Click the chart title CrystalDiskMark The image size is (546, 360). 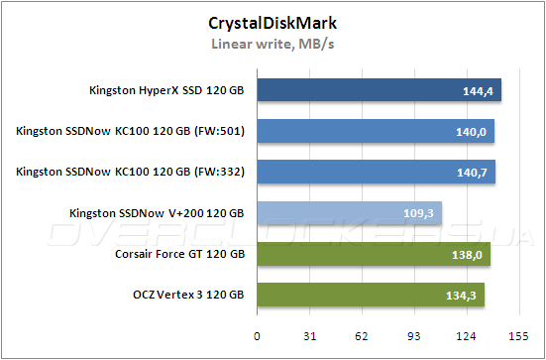272,22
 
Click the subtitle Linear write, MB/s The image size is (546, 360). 272,44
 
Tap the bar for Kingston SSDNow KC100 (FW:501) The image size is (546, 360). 375,132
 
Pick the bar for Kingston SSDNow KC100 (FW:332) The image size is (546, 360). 376,173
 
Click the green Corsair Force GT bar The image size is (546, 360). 374,255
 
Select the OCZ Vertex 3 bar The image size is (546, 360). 371,296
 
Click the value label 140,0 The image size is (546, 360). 471,133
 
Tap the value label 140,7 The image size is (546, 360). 472,174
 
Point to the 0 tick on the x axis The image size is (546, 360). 257,336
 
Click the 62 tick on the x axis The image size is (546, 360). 362,336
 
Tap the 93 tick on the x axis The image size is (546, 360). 414,336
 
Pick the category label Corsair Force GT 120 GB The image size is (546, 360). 179,255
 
